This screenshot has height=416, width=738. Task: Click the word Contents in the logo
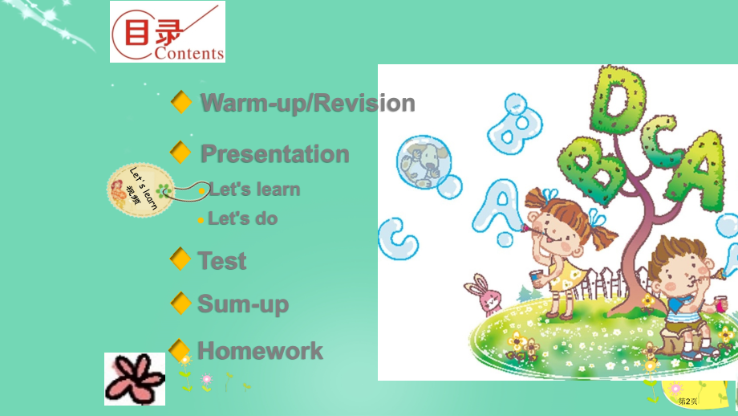coord(189,53)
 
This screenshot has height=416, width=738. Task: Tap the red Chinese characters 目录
coord(153,32)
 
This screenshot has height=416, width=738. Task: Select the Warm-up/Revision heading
coord(308,103)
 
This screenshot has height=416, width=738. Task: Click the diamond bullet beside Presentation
coord(180,152)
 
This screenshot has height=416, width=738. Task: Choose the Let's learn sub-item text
coord(254,190)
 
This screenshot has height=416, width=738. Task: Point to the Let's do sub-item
coord(243,218)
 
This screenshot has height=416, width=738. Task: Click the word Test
coord(222,260)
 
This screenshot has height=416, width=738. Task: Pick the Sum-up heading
coord(243,304)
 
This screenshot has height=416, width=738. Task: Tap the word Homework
coord(260,350)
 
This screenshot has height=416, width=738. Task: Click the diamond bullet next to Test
coord(180,259)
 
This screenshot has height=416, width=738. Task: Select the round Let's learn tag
coord(140,190)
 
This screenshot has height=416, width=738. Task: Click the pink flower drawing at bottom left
coord(135,379)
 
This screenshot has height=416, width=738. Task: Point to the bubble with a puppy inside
coord(424,162)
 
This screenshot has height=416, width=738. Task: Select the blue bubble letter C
coord(398,239)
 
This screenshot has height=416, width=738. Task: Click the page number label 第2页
coord(687,402)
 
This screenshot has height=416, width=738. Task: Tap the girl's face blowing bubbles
coord(554,229)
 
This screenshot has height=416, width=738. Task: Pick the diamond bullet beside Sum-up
coord(180,303)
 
